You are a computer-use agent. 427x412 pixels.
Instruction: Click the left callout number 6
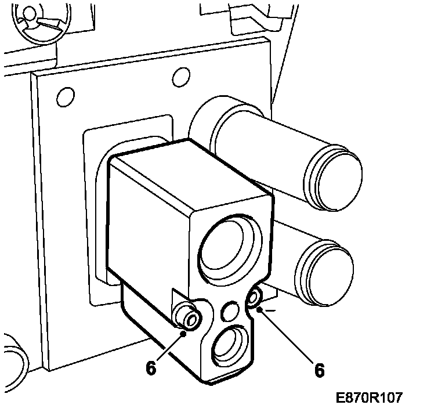pos(151,368)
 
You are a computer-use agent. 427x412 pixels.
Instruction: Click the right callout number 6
pos(319,369)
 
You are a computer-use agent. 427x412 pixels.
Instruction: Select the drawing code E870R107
pos(368,398)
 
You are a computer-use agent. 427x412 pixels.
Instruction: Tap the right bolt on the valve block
pos(254,298)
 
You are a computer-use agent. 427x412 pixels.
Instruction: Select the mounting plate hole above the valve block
pos(182,75)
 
